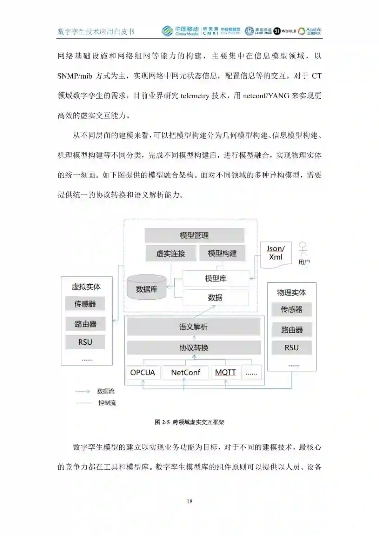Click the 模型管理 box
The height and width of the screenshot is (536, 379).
[x=194, y=235]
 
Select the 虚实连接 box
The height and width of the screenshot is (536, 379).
[x=171, y=253]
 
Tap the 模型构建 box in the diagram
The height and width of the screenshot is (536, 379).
[x=222, y=253]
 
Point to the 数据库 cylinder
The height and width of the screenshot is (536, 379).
[x=147, y=288]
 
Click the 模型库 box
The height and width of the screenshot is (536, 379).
[x=215, y=279]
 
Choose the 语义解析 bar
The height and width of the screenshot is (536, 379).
[x=193, y=327]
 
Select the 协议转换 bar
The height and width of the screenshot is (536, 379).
[x=194, y=348]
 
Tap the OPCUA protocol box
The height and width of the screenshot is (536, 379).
[x=142, y=373]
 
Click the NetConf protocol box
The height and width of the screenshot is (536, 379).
[x=185, y=373]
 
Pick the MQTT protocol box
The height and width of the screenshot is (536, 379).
[x=225, y=373]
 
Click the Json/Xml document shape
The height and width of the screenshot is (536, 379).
[x=275, y=253]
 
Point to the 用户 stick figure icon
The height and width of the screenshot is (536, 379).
[x=303, y=249]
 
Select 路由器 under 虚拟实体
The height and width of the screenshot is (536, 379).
[x=85, y=324]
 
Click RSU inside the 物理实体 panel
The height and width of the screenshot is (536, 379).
[x=291, y=348]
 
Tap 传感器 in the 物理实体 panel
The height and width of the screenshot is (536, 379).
[x=291, y=309]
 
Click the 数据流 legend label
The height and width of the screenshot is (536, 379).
[x=106, y=391]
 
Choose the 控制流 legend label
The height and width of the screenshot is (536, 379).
[x=107, y=403]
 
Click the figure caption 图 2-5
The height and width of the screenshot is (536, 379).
[x=189, y=422]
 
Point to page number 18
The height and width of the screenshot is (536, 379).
[x=189, y=501]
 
